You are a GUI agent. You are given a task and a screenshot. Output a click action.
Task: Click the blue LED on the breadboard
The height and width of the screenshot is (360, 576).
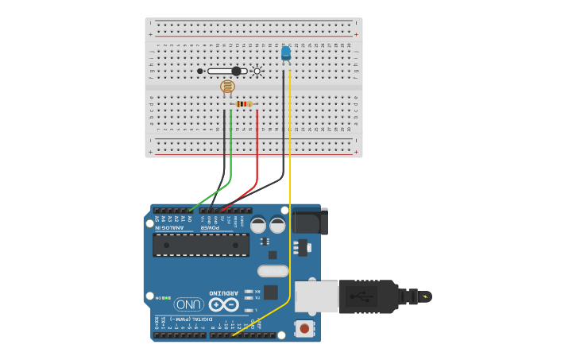pos(286,53)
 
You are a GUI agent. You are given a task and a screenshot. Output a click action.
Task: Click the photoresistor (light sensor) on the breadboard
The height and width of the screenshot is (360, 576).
pos(227,87)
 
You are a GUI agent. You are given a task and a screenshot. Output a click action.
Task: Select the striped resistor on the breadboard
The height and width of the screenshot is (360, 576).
pos(244,103)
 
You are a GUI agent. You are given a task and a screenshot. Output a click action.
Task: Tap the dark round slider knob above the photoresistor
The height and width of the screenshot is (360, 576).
pos(236,71)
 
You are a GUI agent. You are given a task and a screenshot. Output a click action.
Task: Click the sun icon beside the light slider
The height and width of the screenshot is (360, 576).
pos(257,71)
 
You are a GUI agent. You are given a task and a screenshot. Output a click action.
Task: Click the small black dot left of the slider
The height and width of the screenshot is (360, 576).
pos(200,71)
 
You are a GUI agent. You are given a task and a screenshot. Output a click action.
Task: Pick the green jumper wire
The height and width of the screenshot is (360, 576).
pos(230,151)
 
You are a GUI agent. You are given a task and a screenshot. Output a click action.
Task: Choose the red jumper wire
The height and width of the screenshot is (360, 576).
pos(257,151)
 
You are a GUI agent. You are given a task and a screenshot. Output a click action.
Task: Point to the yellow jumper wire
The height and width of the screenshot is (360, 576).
pos(290,199)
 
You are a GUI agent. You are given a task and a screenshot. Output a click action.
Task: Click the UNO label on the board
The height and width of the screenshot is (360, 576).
pos(189,304)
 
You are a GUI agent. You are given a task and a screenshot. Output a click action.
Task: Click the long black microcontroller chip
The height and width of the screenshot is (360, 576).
pos(201,245)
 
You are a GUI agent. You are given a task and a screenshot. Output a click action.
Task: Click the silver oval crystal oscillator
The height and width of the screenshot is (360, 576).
pos(273,271)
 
